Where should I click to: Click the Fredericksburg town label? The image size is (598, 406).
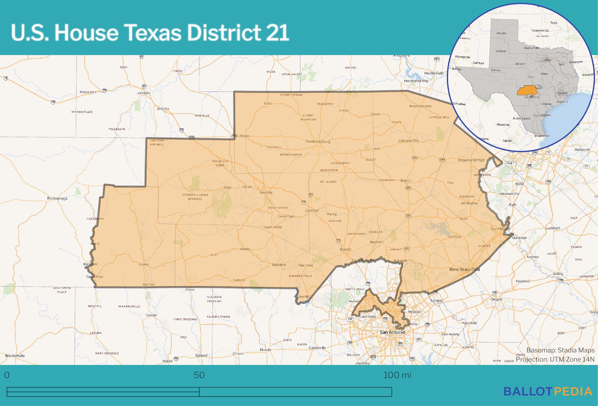coord(318,142)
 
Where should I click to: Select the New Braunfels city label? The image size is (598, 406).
coord(464,269)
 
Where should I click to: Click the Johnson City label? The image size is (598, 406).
coord(408,141)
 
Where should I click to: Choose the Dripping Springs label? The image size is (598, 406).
coord(471,160)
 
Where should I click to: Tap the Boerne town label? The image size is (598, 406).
coord(345,249)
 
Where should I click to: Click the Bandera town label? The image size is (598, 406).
coord(279,265)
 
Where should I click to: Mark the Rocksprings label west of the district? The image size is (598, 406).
coord(57,198)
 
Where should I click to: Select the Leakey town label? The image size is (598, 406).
coord(144,264)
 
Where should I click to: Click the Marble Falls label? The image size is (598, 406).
coord(434,73)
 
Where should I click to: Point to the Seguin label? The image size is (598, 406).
coord(496,299)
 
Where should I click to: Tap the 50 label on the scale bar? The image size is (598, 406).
coord(199,375)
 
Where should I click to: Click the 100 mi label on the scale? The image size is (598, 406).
coord(397,375)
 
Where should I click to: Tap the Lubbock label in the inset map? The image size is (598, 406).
coord(501,51)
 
